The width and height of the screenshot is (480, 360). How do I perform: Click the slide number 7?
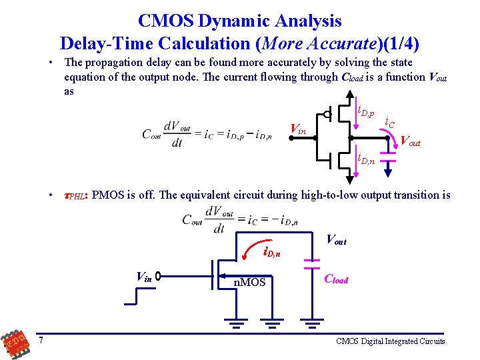[x=41, y=341]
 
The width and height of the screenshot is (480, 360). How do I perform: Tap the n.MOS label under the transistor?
[x=249, y=283]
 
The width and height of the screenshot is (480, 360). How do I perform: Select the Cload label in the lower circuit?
[x=336, y=280]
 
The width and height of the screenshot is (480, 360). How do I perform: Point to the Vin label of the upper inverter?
[x=297, y=128]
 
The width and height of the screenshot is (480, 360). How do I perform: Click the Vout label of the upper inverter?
[x=410, y=141]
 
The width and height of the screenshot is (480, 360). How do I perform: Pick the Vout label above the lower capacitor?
[x=336, y=239]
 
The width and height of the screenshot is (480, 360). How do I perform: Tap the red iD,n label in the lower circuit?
[x=272, y=253]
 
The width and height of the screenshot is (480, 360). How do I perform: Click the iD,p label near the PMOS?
[x=366, y=111]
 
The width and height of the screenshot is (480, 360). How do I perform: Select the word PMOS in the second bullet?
[x=107, y=195]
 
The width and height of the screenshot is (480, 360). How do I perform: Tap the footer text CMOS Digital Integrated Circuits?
[x=390, y=341]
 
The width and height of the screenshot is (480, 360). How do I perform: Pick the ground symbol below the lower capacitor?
[x=311, y=325]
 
